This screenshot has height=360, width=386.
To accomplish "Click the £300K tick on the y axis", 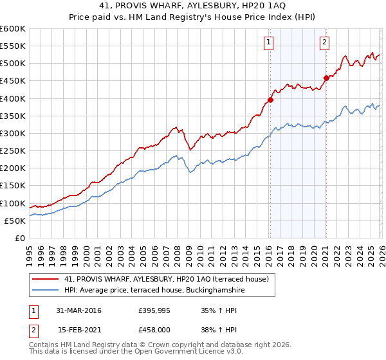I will [x=13, y=133].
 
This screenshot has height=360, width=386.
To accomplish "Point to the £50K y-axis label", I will [x=15, y=221].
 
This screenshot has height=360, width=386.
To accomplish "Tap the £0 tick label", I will [x=21, y=238].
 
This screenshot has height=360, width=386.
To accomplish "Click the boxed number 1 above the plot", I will [x=268, y=43].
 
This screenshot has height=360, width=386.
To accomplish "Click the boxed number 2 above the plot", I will [x=324, y=43].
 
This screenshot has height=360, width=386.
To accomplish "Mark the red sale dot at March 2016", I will [x=270, y=100].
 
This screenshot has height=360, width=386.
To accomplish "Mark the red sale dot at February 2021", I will [x=326, y=78].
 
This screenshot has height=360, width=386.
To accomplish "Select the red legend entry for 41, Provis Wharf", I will [x=170, y=279].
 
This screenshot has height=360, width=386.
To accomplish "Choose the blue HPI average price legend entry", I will [x=154, y=291].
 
